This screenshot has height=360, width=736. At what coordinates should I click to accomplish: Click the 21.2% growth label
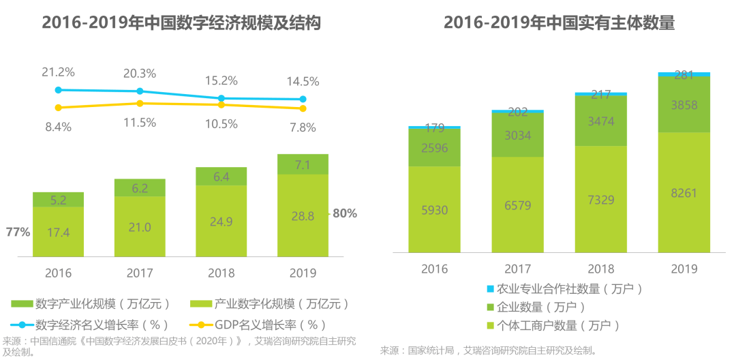pos(58,72)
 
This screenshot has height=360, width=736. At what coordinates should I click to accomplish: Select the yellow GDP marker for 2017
pos(140,103)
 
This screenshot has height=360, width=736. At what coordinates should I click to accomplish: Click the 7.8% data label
pos(303,127)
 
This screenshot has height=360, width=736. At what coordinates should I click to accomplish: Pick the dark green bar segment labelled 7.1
pos(303,164)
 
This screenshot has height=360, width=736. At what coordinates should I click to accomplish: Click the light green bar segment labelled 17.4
pos(58,231)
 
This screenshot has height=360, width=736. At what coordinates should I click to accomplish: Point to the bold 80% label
pos(345,213)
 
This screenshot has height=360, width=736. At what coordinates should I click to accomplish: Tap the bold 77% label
pos(18,232)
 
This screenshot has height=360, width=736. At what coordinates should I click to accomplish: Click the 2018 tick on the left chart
pos(221,273)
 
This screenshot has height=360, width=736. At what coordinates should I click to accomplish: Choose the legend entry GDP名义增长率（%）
pos(263,324)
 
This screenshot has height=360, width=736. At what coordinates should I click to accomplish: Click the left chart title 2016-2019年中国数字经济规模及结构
pos(181,23)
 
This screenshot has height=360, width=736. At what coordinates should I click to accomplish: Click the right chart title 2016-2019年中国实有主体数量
pos(559,23)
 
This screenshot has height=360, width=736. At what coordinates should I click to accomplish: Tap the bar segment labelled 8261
pos(684,193)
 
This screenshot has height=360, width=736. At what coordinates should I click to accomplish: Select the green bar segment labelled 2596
pos(434,147)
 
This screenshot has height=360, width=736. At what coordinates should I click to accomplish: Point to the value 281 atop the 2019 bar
pos(684,75)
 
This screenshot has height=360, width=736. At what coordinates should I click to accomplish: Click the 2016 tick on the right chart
pos(434,269)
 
